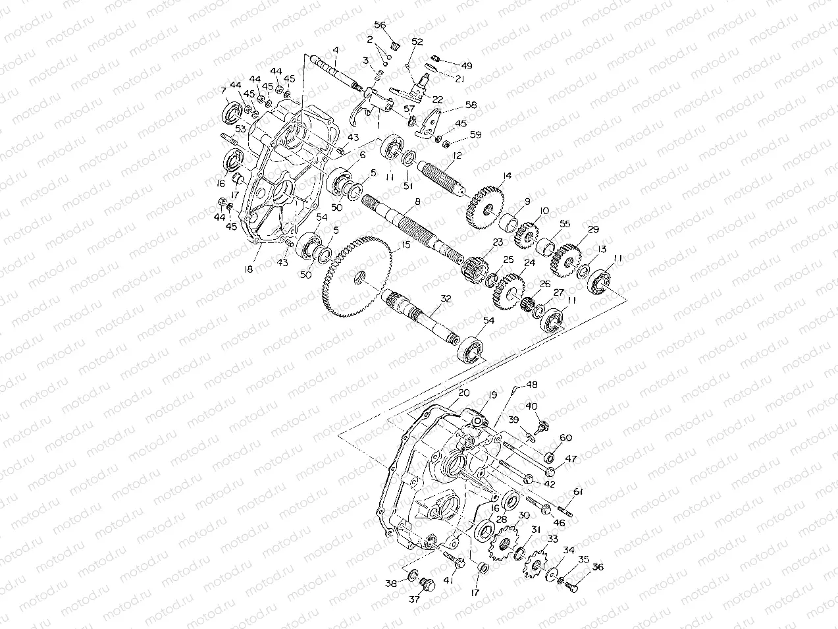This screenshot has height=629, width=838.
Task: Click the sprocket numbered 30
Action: (504, 544)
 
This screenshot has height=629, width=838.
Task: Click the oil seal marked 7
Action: (230, 113)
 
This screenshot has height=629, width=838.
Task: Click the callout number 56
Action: (380, 24)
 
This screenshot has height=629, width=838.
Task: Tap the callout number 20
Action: (463, 393)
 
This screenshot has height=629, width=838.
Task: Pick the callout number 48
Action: (531, 385)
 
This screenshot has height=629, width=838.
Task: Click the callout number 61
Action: (577, 492)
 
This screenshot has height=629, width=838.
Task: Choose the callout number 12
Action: (458, 156)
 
